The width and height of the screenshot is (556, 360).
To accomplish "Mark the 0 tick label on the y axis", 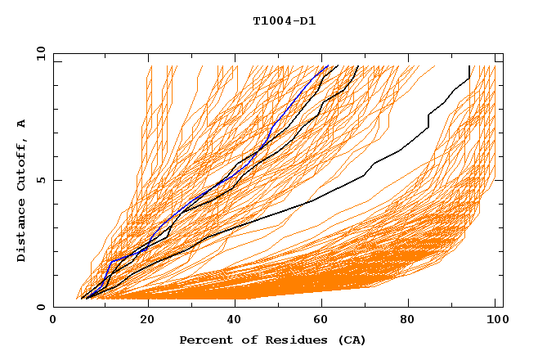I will click(41, 308).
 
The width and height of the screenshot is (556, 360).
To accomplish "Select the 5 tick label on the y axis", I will click(41, 180).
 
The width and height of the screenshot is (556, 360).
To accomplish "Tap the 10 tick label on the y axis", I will click(38, 53).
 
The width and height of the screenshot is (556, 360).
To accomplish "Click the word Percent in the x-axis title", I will click(205, 340).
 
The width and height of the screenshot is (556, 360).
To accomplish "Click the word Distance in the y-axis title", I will click(22, 232).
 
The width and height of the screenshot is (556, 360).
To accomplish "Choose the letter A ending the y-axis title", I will click(22, 124).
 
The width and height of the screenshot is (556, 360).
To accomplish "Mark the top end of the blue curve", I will click(327, 66).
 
